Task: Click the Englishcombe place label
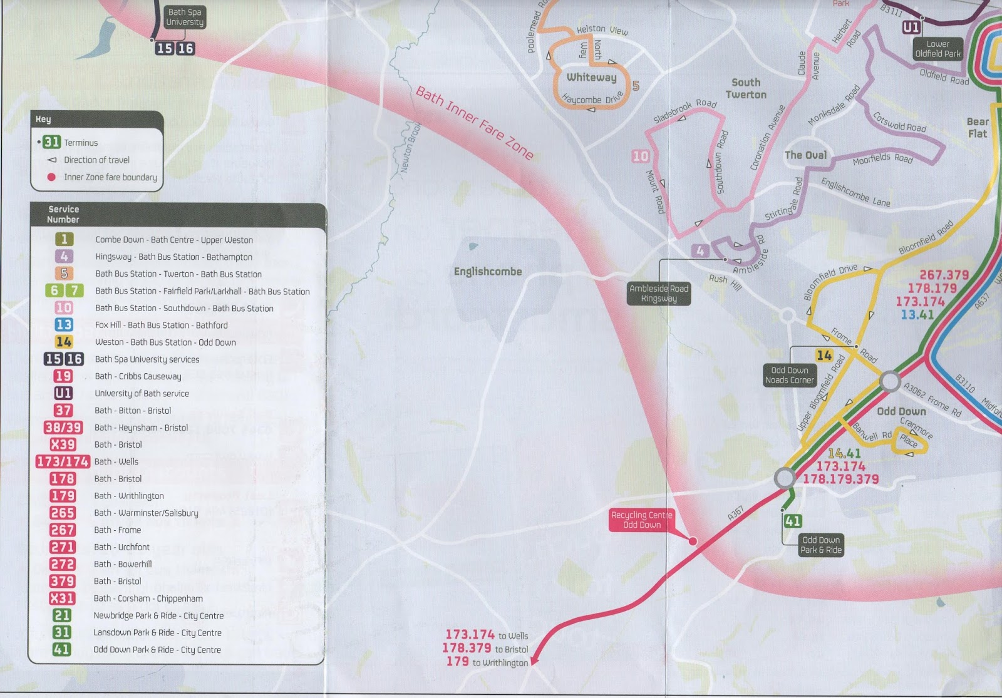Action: click(487, 272)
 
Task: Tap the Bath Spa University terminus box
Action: click(185, 17)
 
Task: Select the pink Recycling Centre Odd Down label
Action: click(641, 520)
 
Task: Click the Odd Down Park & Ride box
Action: click(821, 545)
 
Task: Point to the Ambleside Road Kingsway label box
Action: click(659, 293)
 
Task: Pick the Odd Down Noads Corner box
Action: click(789, 375)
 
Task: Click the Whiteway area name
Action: click(591, 78)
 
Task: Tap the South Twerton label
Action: click(746, 88)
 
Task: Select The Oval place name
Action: click(805, 155)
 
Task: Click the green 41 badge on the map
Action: click(792, 521)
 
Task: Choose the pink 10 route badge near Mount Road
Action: click(640, 156)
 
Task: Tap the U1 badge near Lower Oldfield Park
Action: click(911, 28)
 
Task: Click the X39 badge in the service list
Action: click(63, 444)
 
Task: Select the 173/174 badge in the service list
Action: click(63, 461)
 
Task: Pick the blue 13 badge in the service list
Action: click(63, 325)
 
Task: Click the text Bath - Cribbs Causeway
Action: click(138, 376)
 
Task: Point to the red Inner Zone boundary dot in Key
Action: click(51, 177)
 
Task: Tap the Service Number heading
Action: click(63, 214)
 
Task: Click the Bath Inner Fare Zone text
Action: click(474, 123)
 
